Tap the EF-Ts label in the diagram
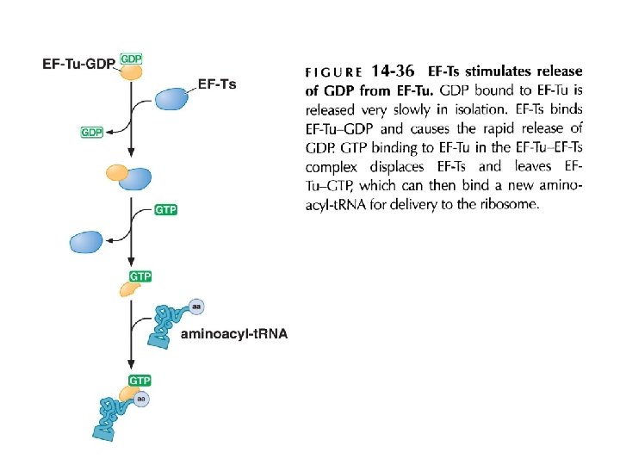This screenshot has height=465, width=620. click(x=216, y=84)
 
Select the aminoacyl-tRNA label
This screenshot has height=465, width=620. click(x=233, y=334)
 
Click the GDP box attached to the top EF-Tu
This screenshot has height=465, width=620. click(x=132, y=58)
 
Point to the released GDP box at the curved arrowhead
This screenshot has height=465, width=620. click(x=92, y=133)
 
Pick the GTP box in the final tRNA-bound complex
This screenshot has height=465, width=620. click(x=140, y=380)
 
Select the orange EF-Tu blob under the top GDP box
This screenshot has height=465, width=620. click(x=130, y=72)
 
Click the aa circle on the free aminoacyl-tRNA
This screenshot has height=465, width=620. click(x=197, y=306)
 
